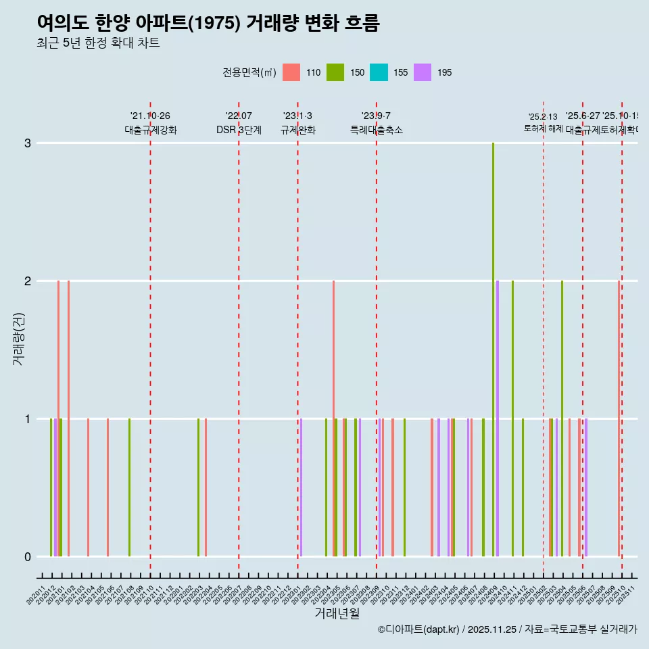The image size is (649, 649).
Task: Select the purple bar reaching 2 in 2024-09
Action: pyautogui.click(x=498, y=418)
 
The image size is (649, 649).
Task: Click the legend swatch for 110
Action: pyautogui.click(x=291, y=72)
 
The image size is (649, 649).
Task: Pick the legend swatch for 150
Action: pyautogui.click(x=335, y=72)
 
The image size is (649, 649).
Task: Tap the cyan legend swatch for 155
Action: pyautogui.click(x=378, y=72)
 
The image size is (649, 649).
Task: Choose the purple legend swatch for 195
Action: pyautogui.click(x=422, y=72)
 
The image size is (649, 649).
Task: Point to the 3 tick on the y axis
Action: pyautogui.click(x=28, y=143)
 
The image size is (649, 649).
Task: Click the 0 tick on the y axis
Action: pyautogui.click(x=28, y=556)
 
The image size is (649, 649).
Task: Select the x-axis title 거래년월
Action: pyautogui.click(x=336, y=613)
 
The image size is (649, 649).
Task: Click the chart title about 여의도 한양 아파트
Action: pyautogui.click(x=208, y=24)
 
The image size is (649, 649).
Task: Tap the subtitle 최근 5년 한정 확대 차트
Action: pyautogui.click(x=98, y=43)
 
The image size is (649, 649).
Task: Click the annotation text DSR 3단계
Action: pyautogui.click(x=239, y=130)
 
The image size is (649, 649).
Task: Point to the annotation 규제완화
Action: pyautogui.click(x=297, y=130)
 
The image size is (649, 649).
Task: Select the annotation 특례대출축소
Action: pyautogui.click(x=376, y=130)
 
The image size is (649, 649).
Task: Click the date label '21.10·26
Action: pyautogui.click(x=150, y=116)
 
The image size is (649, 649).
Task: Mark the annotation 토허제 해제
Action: pyautogui.click(x=543, y=128)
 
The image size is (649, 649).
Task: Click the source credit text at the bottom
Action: pyautogui.click(x=507, y=629)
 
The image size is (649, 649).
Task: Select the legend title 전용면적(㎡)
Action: pyautogui.click(x=249, y=72)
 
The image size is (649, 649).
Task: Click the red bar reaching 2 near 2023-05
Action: pyautogui.click(x=333, y=418)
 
